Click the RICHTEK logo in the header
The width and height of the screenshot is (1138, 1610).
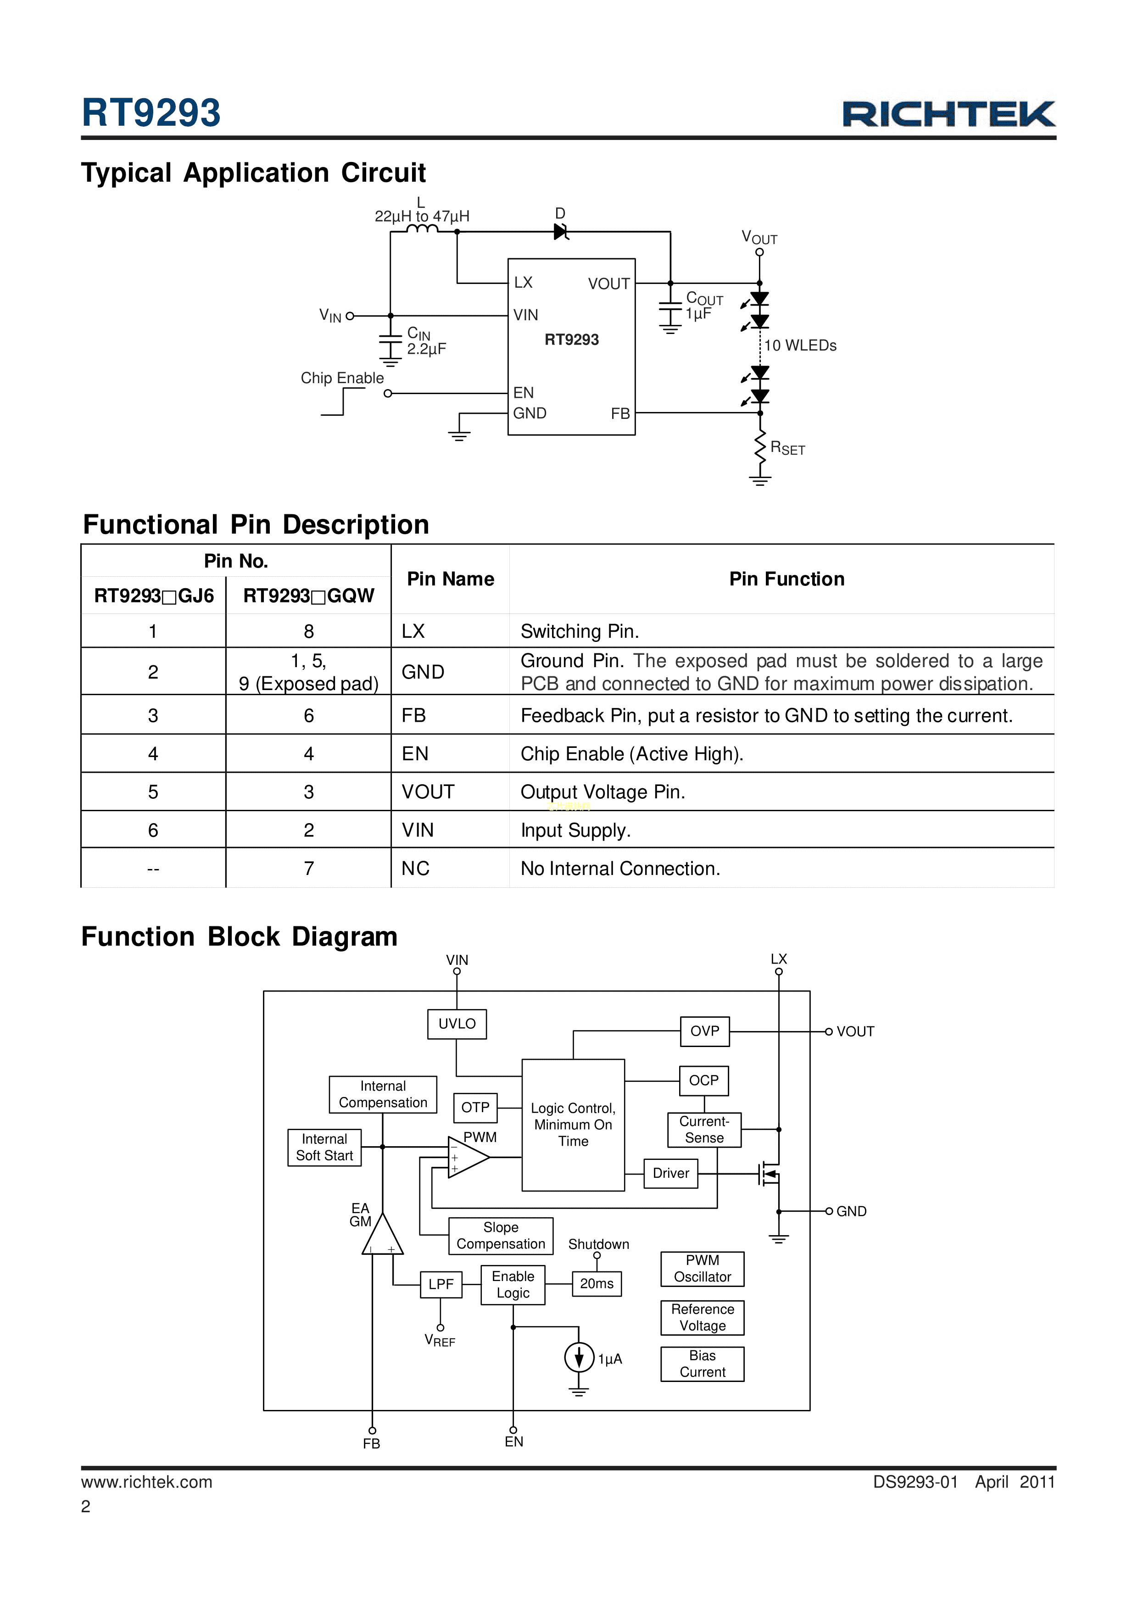tap(948, 114)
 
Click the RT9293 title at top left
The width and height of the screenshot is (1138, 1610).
tap(151, 113)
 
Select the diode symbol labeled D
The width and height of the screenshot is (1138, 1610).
tap(560, 231)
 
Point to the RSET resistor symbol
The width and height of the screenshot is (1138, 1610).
tap(760, 447)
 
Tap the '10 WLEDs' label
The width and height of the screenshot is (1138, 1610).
tap(800, 345)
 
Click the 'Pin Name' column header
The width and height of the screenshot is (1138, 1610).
tap(450, 579)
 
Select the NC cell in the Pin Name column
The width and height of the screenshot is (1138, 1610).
tap(415, 869)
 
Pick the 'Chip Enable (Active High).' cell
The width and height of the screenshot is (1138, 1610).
tap(631, 754)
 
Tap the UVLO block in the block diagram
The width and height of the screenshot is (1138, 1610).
tap(457, 1024)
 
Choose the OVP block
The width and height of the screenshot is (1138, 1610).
tap(705, 1031)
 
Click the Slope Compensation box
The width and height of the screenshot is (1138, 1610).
tap(501, 1236)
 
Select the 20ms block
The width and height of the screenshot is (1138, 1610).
tap(597, 1283)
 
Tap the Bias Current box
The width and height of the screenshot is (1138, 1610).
tap(702, 1364)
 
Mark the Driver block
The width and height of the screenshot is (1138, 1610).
tap(670, 1173)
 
